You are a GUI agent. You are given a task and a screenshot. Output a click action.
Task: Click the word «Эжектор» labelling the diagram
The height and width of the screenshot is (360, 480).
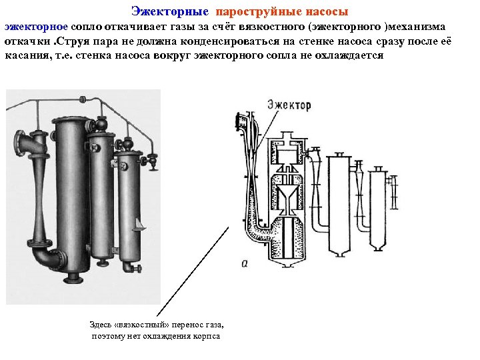click(x=289, y=104)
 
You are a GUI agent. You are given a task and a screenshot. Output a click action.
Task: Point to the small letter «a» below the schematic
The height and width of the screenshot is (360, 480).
click(x=245, y=264)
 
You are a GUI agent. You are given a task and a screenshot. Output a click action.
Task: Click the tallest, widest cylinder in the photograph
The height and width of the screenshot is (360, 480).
click(x=69, y=193)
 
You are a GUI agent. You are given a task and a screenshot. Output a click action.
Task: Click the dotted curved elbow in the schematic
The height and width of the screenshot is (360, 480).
click(x=257, y=230)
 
